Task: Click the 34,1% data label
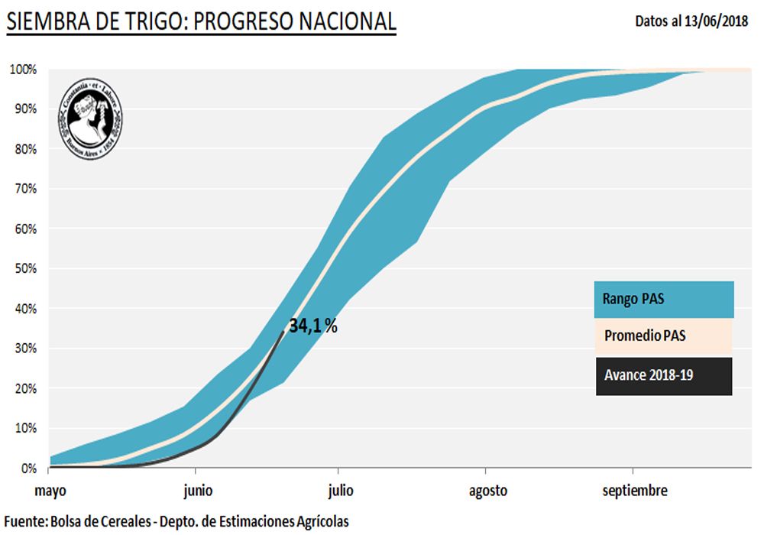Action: point(312,326)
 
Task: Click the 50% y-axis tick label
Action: point(24,268)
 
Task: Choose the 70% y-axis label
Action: point(24,189)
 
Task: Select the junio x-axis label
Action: point(197,491)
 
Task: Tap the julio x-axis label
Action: point(341,491)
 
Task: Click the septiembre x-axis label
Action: point(634,491)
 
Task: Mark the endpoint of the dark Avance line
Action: point(284,331)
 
